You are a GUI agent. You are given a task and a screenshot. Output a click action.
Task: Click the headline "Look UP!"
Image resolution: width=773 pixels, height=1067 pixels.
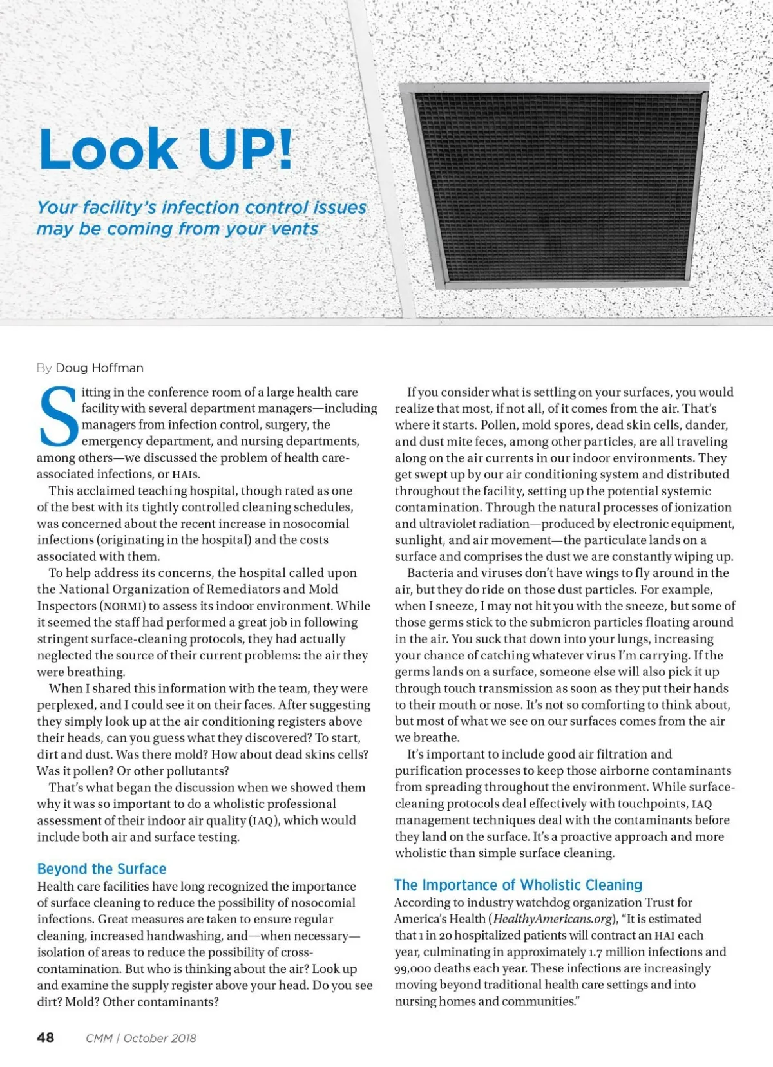pos(166,149)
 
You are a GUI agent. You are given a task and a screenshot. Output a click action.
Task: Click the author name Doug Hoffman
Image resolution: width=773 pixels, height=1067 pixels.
pos(99,368)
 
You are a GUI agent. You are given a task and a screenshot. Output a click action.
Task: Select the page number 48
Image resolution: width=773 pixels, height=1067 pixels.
pos(46,1037)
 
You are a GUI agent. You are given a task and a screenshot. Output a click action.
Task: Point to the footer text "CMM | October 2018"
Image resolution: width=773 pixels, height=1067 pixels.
pos(140,1038)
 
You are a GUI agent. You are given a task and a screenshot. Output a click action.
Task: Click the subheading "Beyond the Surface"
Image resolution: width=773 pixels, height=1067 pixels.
pos(102,869)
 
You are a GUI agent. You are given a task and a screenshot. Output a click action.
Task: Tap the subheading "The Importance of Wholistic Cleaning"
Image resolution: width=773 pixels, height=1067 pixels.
pos(518,885)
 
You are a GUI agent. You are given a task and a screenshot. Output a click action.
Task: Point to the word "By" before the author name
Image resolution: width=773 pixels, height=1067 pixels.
pos(44,368)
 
